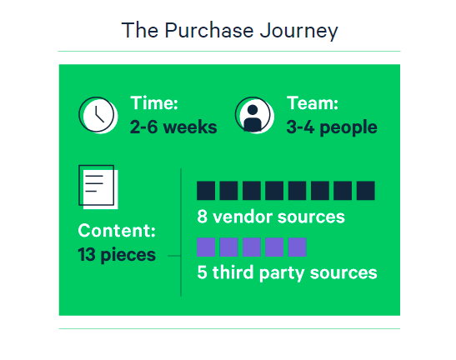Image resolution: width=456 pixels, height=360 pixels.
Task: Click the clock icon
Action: (98, 115)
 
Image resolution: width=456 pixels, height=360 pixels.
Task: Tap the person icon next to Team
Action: (254, 115)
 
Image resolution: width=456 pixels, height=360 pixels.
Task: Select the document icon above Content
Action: (98, 187)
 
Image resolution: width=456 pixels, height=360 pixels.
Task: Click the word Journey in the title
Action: (299, 31)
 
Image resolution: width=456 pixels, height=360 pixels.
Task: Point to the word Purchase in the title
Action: (209, 30)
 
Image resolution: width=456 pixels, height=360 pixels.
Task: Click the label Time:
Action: (154, 103)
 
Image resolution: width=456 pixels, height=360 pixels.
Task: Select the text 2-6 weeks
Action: (173, 127)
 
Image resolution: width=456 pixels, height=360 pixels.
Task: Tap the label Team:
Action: (313, 103)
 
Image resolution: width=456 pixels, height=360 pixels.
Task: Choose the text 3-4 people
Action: (332, 127)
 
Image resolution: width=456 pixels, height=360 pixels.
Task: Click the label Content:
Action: (117, 230)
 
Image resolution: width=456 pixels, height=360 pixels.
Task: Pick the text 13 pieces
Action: (117, 255)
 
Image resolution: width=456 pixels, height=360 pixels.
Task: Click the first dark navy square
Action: (206, 191)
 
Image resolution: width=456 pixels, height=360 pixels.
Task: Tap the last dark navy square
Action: (366, 191)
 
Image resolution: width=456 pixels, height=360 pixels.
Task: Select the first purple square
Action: (206, 247)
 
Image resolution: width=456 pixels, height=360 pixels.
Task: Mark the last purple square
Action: (298, 247)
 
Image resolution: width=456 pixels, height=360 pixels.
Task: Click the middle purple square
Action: (252, 247)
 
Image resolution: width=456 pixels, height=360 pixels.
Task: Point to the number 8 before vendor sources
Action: (202, 217)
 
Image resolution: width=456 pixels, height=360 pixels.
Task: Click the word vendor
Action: (243, 217)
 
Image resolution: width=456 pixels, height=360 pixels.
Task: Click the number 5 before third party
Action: (202, 272)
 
